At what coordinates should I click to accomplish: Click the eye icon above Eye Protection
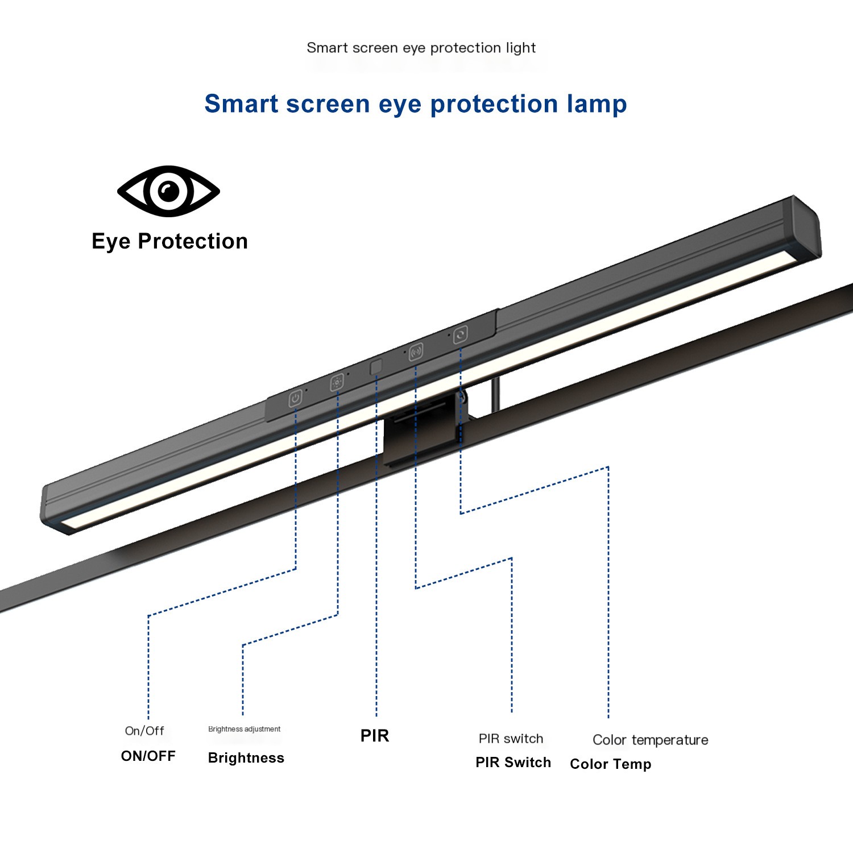click(168, 191)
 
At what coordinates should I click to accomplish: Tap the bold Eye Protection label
click(169, 241)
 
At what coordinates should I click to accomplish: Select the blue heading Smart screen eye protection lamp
click(415, 104)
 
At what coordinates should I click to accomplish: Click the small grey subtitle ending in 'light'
click(421, 48)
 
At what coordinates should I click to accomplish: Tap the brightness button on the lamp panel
click(337, 382)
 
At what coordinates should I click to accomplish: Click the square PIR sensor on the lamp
click(376, 367)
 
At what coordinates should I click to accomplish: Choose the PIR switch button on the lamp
click(416, 351)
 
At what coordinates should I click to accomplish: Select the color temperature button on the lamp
click(461, 334)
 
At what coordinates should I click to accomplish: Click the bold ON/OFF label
click(148, 756)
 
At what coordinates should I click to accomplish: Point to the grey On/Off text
click(144, 731)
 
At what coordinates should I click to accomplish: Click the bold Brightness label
click(246, 758)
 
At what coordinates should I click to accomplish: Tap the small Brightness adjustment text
click(244, 729)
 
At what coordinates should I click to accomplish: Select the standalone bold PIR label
click(375, 736)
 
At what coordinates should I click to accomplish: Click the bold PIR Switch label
click(513, 763)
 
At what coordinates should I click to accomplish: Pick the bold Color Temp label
click(610, 764)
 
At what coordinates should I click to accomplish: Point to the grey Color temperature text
click(650, 740)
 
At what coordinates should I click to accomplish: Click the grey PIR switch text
click(511, 739)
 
